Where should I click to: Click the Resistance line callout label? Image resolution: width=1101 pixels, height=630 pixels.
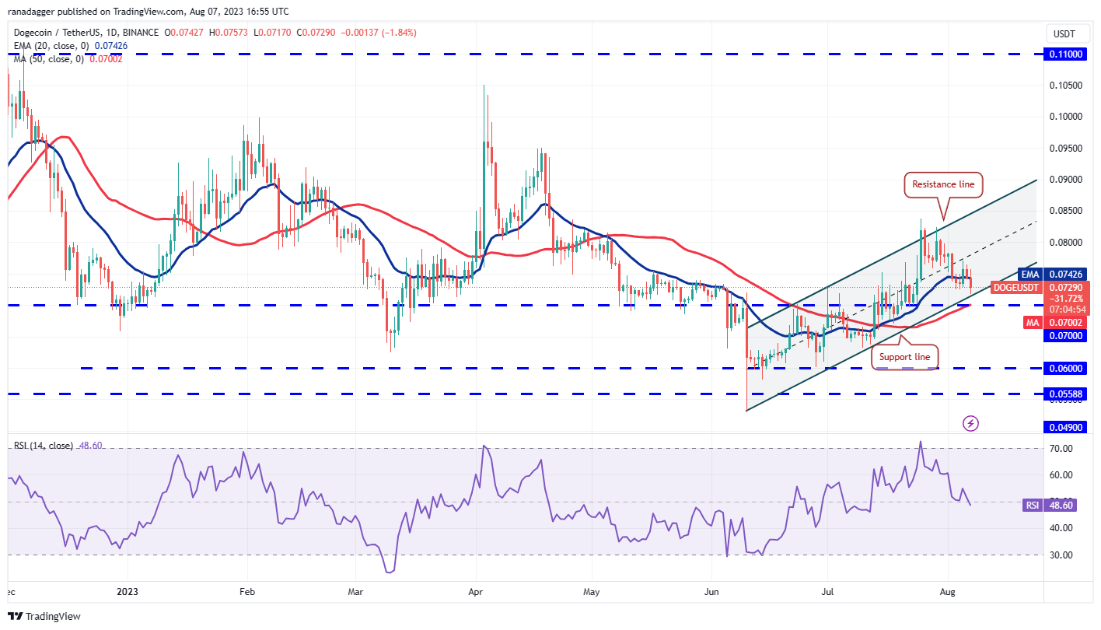pos(943,185)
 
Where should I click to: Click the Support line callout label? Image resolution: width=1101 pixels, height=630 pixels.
pos(904,357)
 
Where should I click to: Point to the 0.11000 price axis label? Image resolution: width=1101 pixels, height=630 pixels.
pos(1067,54)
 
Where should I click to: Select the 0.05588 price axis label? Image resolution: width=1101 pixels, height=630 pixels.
pos(1067,394)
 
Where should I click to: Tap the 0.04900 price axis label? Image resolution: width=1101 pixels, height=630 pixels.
pos(1067,427)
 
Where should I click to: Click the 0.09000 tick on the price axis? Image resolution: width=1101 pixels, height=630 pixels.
pos(1067,180)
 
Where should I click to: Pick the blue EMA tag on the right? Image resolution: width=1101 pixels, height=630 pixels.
pos(1029,275)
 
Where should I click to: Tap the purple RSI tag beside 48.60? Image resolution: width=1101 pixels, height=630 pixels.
pos(1031,505)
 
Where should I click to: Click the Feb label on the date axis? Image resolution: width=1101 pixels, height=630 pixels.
pos(246,591)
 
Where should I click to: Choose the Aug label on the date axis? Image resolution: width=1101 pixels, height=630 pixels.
pos(947,591)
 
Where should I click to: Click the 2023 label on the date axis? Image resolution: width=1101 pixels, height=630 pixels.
pos(127,591)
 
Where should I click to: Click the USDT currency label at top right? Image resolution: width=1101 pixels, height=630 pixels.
pos(1064,33)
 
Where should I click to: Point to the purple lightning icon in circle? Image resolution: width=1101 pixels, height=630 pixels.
pos(970,424)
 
